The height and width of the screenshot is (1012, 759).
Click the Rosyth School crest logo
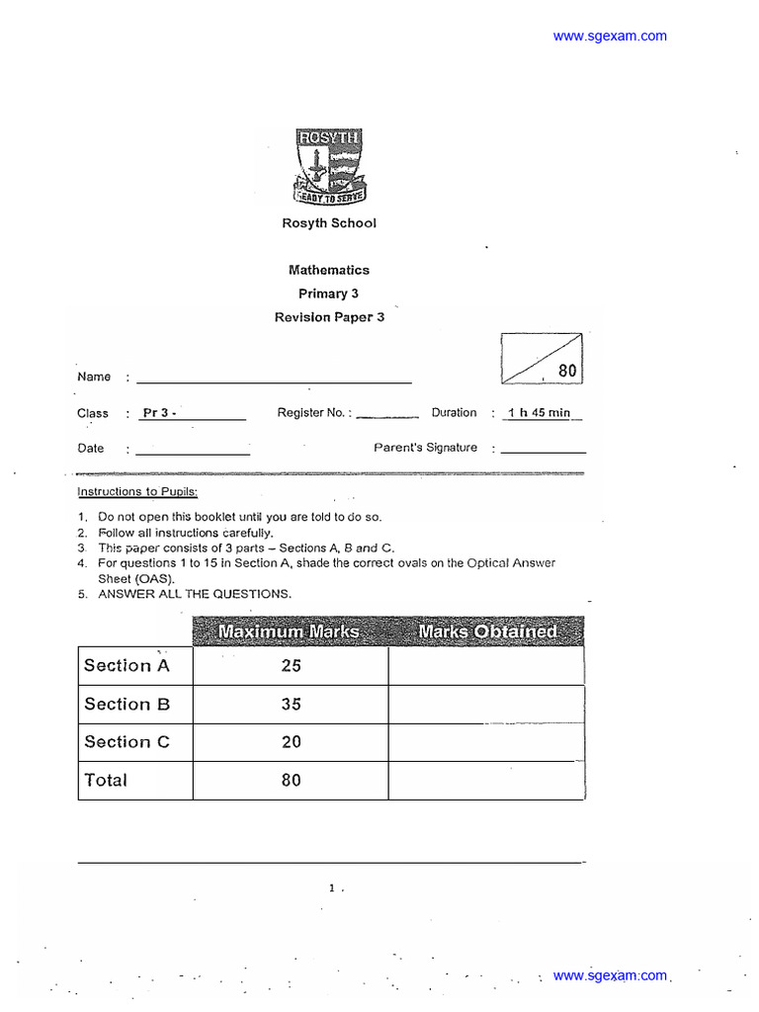(329, 167)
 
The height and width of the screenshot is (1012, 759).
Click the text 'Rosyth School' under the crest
(329, 223)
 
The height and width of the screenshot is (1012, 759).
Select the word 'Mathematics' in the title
(329, 270)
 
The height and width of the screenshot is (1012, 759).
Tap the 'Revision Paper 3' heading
(329, 317)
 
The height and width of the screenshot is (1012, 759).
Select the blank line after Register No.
(387, 416)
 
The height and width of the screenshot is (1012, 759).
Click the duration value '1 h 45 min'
(540, 413)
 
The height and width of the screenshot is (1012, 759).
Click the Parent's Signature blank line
(544, 451)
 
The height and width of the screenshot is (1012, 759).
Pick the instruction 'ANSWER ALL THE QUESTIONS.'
(195, 594)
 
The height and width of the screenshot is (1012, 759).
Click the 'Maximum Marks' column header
(290, 631)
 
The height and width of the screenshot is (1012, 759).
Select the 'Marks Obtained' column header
(486, 631)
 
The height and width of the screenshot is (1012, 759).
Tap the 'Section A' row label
(126, 666)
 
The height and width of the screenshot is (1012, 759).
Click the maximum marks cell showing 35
(291, 705)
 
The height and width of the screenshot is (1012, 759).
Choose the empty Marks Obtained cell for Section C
(485, 742)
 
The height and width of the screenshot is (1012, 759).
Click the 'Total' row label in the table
(106, 781)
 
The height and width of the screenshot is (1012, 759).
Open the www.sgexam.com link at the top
(610, 37)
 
